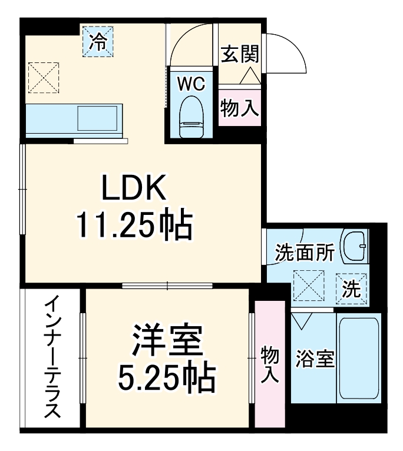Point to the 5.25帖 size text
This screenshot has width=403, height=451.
(x=167, y=377)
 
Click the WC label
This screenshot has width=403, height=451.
(x=191, y=84)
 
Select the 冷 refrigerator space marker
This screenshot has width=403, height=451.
(x=98, y=42)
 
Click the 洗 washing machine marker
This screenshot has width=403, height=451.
(x=352, y=289)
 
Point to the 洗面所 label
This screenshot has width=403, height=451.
(x=305, y=253)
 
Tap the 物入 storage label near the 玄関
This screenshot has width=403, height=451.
(x=240, y=107)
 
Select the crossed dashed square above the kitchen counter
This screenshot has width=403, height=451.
(x=43, y=76)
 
